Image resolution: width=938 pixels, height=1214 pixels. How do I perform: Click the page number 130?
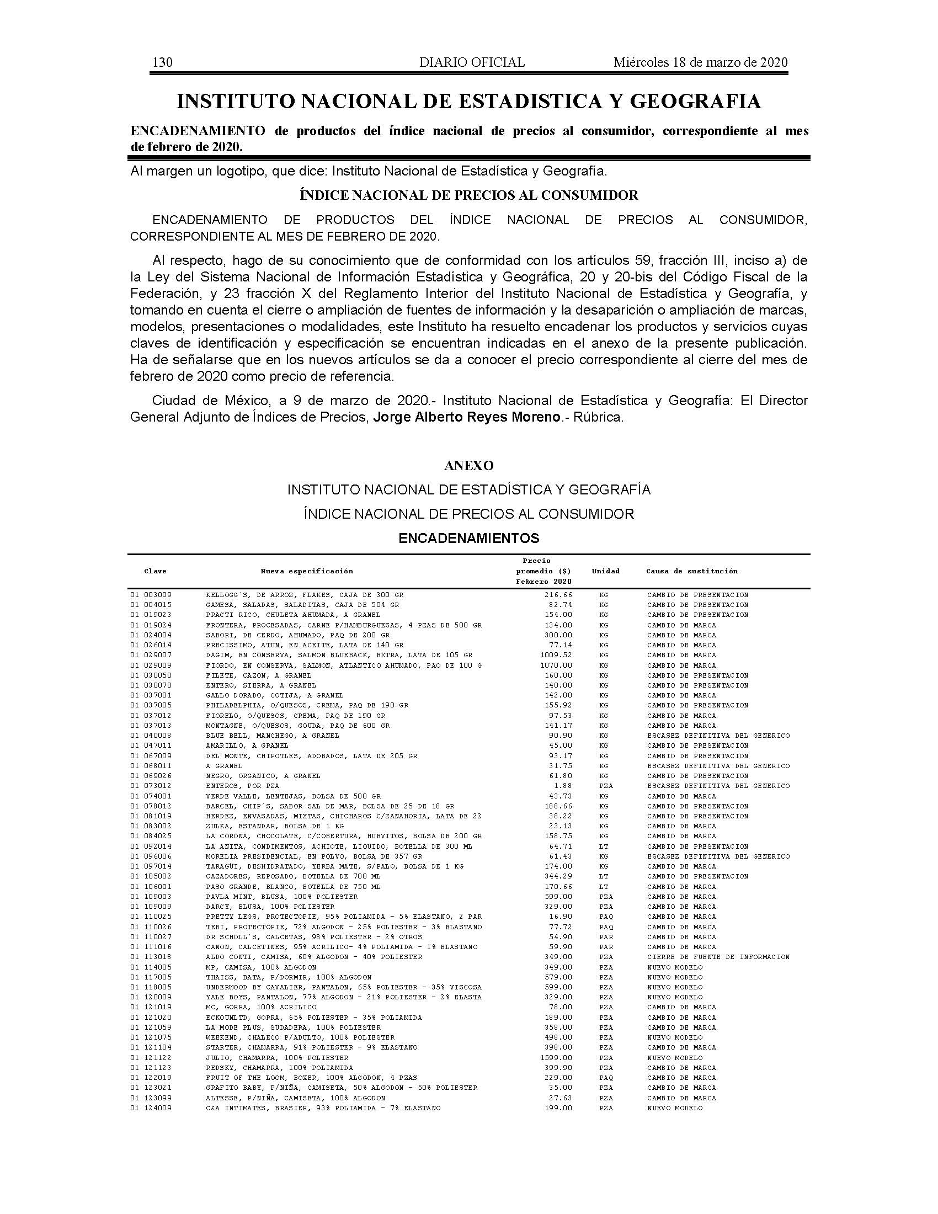coord(162,63)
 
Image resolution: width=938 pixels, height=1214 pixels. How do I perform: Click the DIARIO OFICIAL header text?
coord(472,63)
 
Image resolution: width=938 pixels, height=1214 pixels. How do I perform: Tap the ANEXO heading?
coord(468,465)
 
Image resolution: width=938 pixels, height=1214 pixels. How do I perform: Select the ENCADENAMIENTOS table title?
coord(469,538)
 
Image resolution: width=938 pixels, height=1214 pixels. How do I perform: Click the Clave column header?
coord(155,571)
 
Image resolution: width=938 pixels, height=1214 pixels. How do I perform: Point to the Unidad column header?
coord(605,571)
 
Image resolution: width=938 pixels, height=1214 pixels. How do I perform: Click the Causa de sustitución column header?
coord(692,571)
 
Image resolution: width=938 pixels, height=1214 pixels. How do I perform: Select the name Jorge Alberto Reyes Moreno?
coord(466,417)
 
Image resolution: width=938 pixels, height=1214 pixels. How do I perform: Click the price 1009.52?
coord(556,655)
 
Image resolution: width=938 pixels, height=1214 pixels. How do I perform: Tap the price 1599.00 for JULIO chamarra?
coord(556,1057)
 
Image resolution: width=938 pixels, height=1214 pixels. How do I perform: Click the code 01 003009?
coord(151,595)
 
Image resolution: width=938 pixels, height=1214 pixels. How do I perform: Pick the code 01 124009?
coord(151,1108)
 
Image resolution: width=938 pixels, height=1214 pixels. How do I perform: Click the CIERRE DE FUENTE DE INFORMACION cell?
coord(718,957)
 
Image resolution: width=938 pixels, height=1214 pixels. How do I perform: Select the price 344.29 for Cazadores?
coord(558,876)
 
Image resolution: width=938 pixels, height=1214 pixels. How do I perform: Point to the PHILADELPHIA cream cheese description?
coord(307,705)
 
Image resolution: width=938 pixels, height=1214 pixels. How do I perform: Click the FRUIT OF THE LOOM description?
coord(311,1077)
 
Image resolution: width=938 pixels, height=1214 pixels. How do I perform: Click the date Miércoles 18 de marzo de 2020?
coord(700,63)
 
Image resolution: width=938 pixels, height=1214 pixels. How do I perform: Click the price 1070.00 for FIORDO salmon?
coord(556,665)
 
